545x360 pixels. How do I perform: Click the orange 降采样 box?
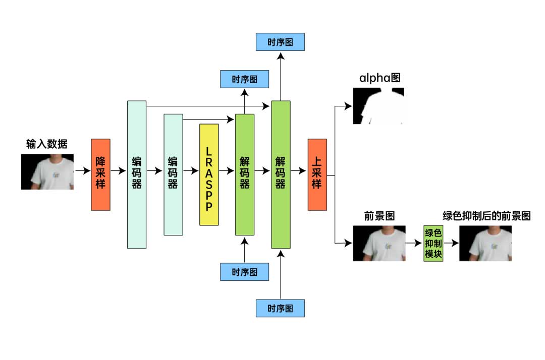pyautogui.click(x=100, y=174)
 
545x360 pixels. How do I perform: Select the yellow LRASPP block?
pyautogui.click(x=209, y=174)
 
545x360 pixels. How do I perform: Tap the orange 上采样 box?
pyautogui.click(x=317, y=174)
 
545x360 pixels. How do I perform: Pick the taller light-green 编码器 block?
pyautogui.click(x=136, y=174)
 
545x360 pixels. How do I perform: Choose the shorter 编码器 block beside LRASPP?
pyautogui.click(x=173, y=174)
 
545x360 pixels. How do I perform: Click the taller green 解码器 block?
pyautogui.click(x=281, y=174)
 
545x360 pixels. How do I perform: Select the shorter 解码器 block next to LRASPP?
pyautogui.click(x=245, y=174)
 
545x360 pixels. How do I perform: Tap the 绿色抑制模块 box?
pyautogui.click(x=433, y=244)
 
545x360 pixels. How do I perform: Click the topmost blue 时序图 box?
pyautogui.click(x=281, y=42)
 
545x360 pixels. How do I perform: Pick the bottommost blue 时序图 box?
pyautogui.click(x=281, y=308)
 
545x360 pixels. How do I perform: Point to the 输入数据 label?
pyautogui.click(x=47, y=145)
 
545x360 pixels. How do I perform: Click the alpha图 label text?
pyautogui.click(x=380, y=78)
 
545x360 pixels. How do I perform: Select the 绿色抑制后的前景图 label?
pyautogui.click(x=486, y=216)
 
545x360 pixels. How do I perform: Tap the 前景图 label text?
pyautogui.click(x=379, y=216)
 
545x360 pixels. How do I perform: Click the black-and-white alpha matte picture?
pyautogui.click(x=379, y=105)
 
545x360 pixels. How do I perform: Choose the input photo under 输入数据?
pyautogui.click(x=47, y=172)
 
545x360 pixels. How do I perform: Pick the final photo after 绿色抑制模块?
pyautogui.click(x=485, y=243)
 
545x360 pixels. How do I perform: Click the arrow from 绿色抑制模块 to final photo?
pyautogui.click(x=451, y=243)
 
